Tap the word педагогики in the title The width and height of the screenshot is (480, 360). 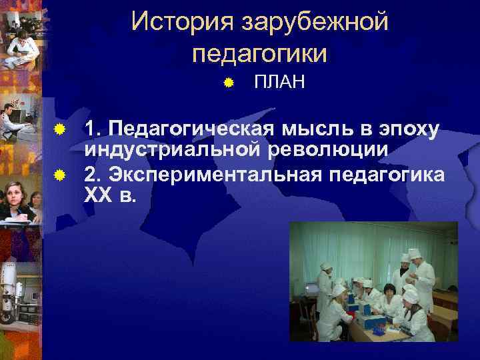pyautogui.click(x=259, y=53)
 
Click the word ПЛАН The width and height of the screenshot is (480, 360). pyautogui.click(x=279, y=83)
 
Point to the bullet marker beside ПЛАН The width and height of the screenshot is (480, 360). pyautogui.click(x=228, y=83)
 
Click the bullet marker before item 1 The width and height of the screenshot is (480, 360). pyautogui.click(x=59, y=127)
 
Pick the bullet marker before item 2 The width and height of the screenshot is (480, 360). pyautogui.click(x=59, y=175)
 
